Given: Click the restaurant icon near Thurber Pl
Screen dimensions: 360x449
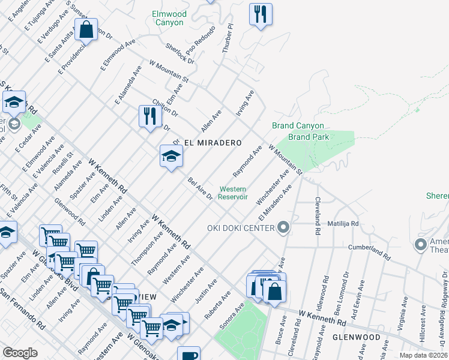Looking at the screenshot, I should tap(261, 15).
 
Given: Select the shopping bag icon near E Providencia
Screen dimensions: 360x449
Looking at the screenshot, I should tap(86, 29).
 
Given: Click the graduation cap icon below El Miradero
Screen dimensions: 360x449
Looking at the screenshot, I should tap(171, 157).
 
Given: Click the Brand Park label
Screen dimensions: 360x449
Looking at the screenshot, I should tap(297, 137).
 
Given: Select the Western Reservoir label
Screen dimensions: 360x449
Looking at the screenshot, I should tap(232, 193).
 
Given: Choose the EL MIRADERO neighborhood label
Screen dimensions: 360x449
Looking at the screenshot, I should tap(212, 143).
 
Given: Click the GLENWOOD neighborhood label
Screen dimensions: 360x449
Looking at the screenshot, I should tap(359, 337).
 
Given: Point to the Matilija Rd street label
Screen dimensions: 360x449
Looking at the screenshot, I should tap(343, 224).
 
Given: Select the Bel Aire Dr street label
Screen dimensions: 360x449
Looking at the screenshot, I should tap(200, 188).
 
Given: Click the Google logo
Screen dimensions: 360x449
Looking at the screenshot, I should tap(20, 353).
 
